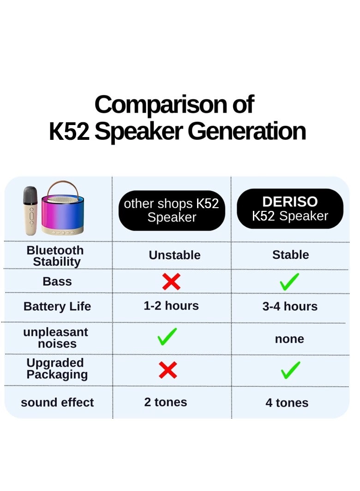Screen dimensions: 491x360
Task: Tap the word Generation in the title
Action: point(246,132)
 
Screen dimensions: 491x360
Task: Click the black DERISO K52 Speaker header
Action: point(290,209)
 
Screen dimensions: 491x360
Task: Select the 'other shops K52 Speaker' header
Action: point(172,210)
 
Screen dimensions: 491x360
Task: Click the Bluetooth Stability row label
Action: point(55,256)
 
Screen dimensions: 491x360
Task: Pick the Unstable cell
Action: point(174,255)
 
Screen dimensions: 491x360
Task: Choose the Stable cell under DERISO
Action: point(290,255)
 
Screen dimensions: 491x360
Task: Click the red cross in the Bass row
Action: point(171,281)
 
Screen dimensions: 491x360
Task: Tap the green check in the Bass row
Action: point(289,281)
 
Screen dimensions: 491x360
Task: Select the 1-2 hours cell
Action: point(171,305)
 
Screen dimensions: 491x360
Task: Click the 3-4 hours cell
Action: point(290,306)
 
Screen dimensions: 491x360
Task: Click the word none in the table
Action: point(289,339)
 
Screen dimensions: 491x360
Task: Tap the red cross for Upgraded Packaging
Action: point(168,370)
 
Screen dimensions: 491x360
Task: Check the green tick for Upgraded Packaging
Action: point(290,370)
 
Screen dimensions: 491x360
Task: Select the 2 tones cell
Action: point(166,402)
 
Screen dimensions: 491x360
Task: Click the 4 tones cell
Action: point(287,403)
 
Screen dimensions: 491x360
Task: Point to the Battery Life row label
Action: point(57,306)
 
